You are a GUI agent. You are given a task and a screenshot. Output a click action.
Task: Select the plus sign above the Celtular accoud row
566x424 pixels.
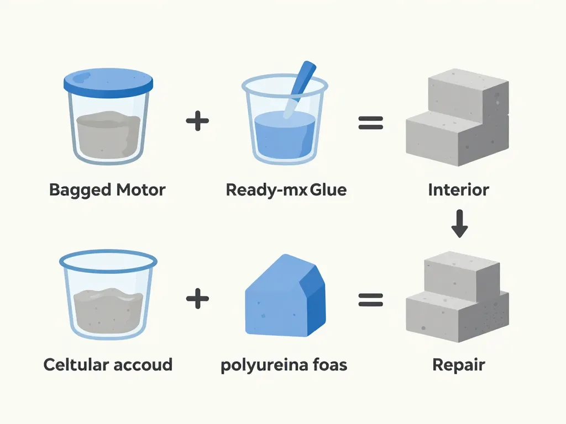[x=197, y=121]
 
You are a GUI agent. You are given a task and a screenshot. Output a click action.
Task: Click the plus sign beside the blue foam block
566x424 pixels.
[x=197, y=300]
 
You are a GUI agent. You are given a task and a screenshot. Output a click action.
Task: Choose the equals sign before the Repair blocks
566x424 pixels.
[x=370, y=300]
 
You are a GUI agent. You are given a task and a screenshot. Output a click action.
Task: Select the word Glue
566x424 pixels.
[x=328, y=190]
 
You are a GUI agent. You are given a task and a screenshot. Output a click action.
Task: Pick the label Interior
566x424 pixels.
[x=458, y=190]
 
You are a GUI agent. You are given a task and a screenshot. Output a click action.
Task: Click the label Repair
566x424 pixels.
[x=458, y=365]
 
